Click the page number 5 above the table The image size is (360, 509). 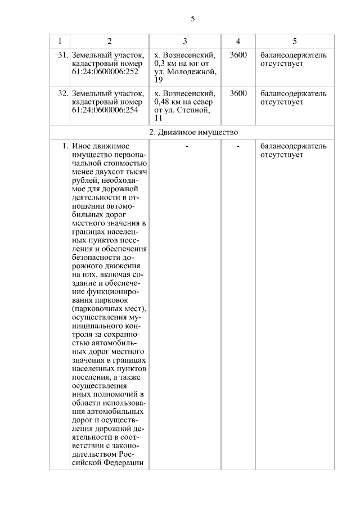(192, 19)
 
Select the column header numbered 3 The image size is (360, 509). (185, 42)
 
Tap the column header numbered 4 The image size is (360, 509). (238, 42)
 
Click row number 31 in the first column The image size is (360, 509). (62, 56)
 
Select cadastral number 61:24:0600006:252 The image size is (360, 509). (105, 73)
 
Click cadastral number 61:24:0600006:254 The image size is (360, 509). (105, 110)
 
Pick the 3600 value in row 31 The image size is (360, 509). (238, 56)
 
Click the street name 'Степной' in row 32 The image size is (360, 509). (191, 110)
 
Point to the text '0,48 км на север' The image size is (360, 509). (183, 102)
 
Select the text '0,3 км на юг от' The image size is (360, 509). (181, 64)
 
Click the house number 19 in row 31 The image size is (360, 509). (158, 81)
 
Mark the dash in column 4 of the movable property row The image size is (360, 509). (238, 146)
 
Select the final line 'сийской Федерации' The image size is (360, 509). (107, 463)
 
